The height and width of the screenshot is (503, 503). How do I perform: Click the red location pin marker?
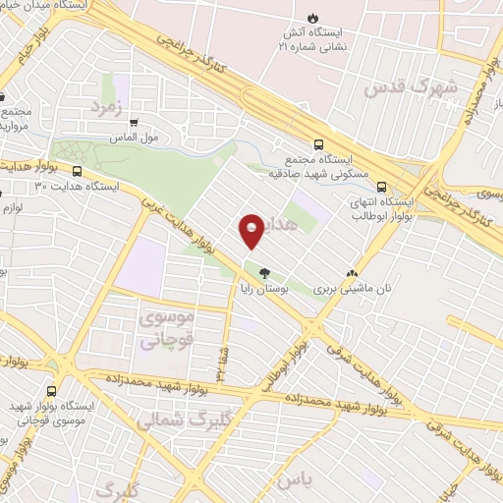click(251, 230)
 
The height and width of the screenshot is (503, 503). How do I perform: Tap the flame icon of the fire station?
click(312, 18)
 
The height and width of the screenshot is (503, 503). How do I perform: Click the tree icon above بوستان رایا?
click(262, 273)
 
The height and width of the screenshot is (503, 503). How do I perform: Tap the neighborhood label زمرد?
click(109, 106)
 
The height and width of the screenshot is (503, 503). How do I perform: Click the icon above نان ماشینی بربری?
click(352, 274)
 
